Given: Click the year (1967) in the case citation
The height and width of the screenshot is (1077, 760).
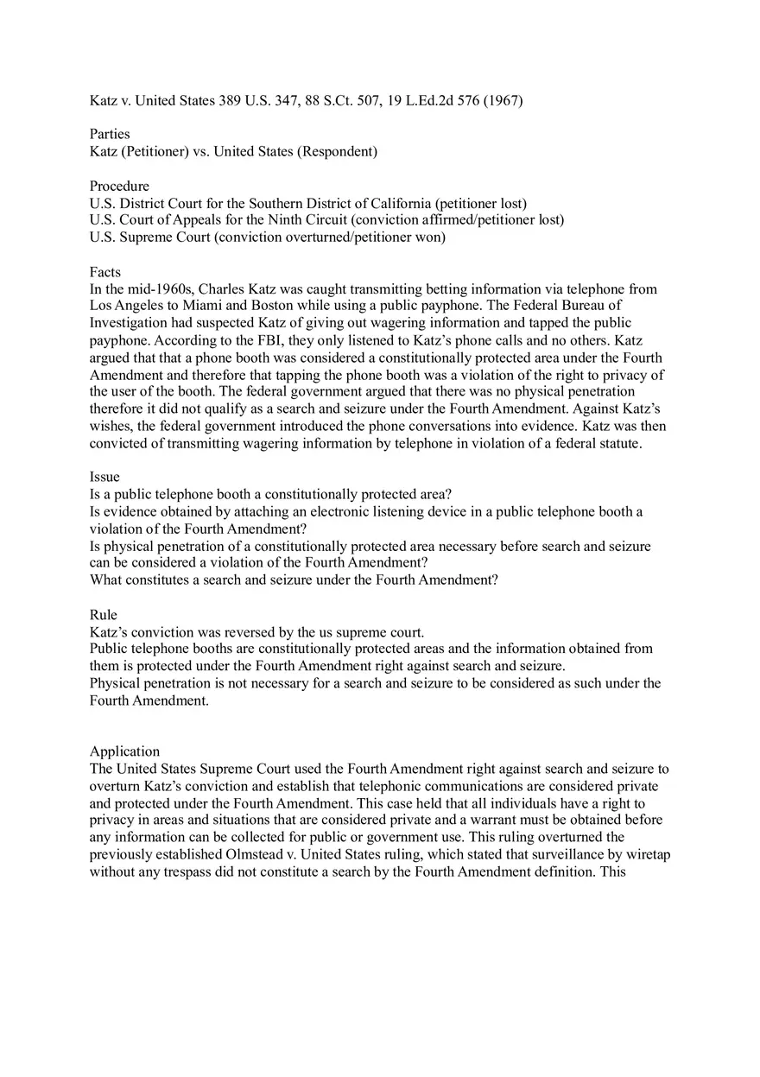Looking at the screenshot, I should [503, 100].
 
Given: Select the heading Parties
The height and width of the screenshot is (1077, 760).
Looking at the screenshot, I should [110, 134].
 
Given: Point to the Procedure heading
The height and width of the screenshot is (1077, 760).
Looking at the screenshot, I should [119, 186].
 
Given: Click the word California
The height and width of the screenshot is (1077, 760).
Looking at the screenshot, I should [402, 203].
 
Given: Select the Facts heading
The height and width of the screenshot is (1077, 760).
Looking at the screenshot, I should [105, 271].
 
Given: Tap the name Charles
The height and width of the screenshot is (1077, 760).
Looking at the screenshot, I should [223, 288].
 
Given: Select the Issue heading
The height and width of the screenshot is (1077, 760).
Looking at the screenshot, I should [104, 477].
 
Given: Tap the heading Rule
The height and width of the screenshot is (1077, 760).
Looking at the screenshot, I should [103, 614].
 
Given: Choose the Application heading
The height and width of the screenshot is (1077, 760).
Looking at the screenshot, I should [124, 751].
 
